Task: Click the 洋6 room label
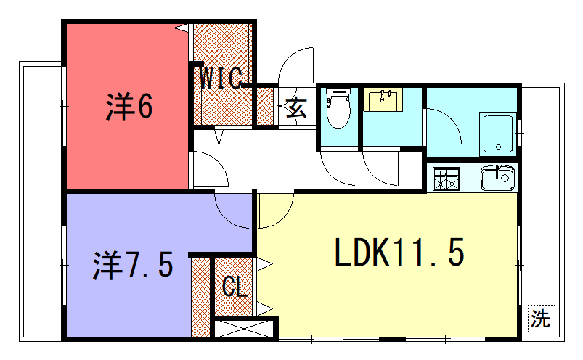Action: (x=129, y=107)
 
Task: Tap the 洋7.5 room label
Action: (x=133, y=265)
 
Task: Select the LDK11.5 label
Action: (x=400, y=253)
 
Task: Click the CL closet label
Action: (x=235, y=286)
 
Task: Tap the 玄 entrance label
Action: (x=297, y=108)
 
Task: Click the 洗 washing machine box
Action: (x=542, y=319)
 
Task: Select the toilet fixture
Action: (x=338, y=107)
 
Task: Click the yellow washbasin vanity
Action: (x=383, y=99)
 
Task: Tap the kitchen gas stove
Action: (x=447, y=179)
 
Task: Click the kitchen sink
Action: (x=498, y=179)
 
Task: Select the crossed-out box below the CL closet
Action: (x=244, y=328)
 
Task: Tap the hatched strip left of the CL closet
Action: (x=201, y=297)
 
